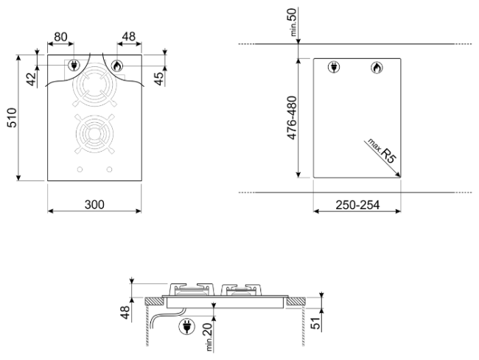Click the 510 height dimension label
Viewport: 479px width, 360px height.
13,118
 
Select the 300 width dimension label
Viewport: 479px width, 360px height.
94,205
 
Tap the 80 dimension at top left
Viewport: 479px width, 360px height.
60,37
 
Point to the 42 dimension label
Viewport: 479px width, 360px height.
32,79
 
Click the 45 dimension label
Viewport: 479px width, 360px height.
159,79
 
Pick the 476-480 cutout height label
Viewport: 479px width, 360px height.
292,118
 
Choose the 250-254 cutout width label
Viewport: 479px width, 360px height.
357,205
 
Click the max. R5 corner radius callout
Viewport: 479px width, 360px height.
382,152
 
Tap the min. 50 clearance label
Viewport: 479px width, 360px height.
293,22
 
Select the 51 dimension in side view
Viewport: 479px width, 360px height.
316,322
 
